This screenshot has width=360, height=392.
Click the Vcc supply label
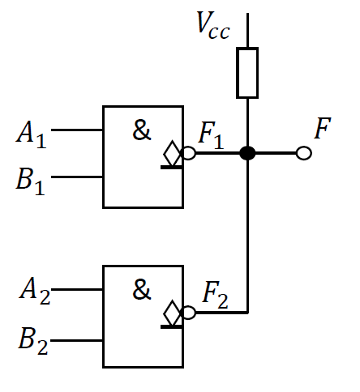[213, 27]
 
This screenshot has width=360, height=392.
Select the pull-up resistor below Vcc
[247, 73]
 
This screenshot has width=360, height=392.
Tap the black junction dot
[247, 152]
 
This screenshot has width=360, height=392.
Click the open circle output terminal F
[303, 152]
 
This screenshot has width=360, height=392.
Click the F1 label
[212, 135]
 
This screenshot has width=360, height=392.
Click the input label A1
[32, 134]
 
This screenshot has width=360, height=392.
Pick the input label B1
[32, 178]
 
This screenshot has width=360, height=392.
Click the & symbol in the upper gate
[142, 131]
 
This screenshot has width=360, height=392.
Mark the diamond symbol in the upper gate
[171, 152]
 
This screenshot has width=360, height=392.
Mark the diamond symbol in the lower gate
[171, 312]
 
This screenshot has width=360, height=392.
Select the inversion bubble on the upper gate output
[189, 152]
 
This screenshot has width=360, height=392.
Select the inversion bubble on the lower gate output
[189, 313]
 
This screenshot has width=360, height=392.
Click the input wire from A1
[77, 130]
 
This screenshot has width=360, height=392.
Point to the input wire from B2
[77, 340]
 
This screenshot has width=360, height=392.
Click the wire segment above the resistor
[247, 31]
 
